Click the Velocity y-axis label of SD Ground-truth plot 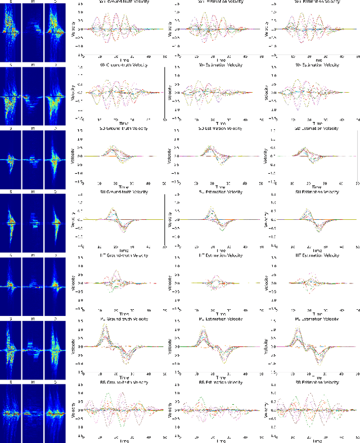[74, 156]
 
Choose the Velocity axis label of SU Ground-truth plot [74, 219]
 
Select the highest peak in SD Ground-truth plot [115, 146]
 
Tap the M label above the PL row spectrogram [33, 319]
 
